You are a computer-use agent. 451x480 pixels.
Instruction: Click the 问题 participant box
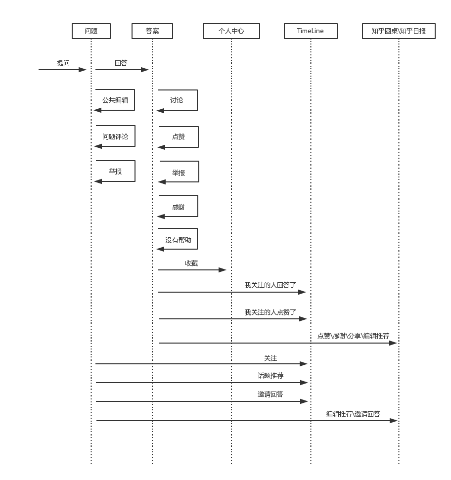point(91,31)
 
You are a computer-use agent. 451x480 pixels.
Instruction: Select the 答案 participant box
point(152,31)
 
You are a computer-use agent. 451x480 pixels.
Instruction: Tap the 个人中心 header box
point(231,31)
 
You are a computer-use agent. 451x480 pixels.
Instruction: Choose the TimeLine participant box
point(311,31)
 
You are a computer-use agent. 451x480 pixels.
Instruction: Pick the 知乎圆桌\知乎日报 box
point(399,31)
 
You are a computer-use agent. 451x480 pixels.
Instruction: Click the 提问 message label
point(63,63)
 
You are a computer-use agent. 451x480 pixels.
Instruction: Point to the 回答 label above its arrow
point(121,63)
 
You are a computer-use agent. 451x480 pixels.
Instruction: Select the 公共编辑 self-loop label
point(115,100)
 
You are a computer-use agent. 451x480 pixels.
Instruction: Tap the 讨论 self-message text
point(177,100)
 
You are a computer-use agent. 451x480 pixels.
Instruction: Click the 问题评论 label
point(115,136)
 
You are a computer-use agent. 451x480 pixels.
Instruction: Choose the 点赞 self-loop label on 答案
point(179,137)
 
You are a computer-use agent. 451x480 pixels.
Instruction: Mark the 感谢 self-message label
point(179,208)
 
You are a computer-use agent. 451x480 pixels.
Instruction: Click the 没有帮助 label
point(178,240)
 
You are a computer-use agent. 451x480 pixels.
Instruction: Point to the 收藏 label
point(191,263)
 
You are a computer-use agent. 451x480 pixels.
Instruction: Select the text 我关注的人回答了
point(271,285)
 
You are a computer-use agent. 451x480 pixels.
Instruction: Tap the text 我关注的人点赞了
point(271,312)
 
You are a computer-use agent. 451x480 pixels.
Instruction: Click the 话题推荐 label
point(271,376)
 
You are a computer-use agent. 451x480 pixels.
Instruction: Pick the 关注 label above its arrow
point(271,358)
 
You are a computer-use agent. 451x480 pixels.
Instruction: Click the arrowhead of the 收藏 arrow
point(223,270)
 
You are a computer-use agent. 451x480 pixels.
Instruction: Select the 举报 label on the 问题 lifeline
point(115,172)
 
